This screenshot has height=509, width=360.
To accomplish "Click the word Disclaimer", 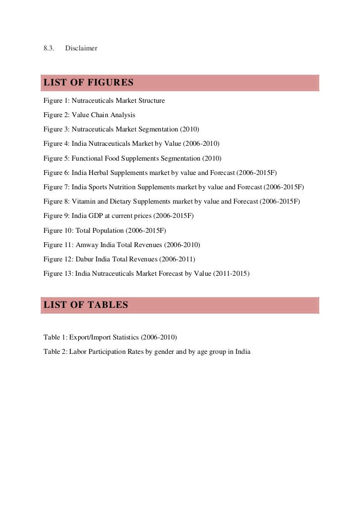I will pos(81,48).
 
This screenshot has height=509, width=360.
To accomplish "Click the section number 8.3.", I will pos(48,48).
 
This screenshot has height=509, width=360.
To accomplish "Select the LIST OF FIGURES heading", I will pos(89,82).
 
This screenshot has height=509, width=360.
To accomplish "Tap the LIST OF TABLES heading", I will pos(86,305).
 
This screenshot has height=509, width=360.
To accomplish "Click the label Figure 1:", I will pos(56,101).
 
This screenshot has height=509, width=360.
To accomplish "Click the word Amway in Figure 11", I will pos(86,245).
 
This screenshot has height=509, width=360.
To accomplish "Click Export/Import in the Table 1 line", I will pos(87,338).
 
